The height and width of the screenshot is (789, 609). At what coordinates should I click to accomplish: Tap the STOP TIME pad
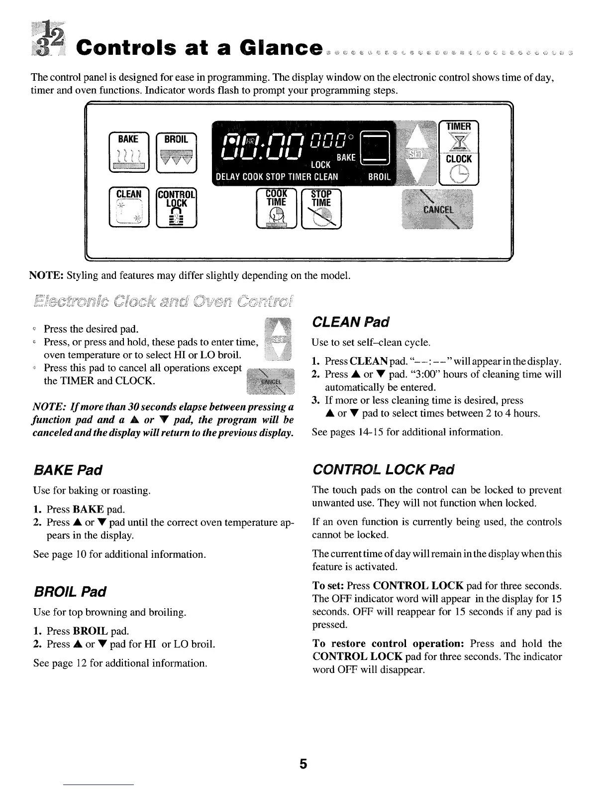click(x=321, y=209)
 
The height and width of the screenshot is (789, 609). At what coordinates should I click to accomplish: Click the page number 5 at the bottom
click(x=304, y=764)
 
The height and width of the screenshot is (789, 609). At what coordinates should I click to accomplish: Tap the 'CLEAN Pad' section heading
click(x=344, y=322)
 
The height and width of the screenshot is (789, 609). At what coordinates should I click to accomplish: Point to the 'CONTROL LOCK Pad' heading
click(x=383, y=470)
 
